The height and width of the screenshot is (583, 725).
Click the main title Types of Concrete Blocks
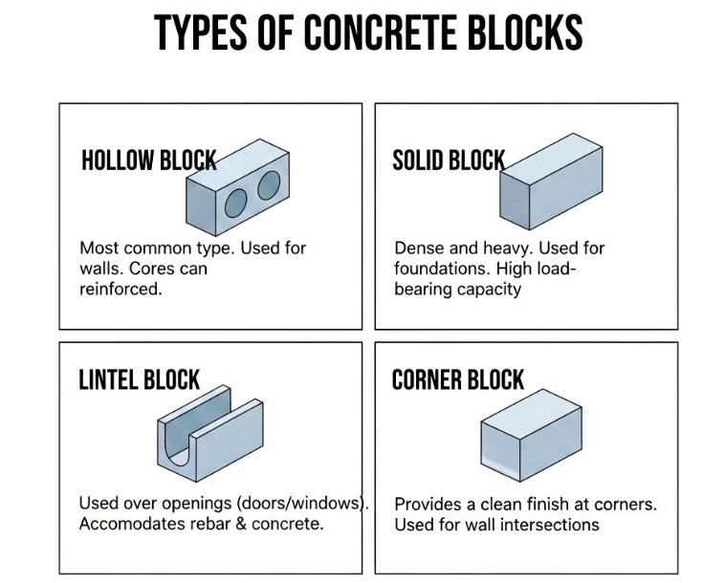[x=368, y=32]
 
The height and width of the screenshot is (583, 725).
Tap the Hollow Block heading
[x=148, y=160]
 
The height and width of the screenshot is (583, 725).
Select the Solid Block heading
[x=448, y=160]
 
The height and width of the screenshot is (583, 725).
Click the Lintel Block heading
[x=139, y=379]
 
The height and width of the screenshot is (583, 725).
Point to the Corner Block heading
[x=458, y=379]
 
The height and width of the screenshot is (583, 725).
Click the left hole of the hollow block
[x=236, y=202]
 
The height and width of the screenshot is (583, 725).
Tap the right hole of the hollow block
[x=269, y=184]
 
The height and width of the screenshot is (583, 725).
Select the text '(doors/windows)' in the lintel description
[x=307, y=503]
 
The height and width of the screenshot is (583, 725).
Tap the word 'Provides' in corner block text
[x=428, y=504]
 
